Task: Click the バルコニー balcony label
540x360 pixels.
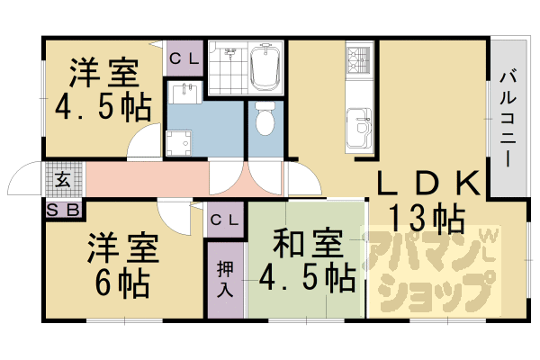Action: pos(506,118)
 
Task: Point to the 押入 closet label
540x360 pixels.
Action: pos(225,278)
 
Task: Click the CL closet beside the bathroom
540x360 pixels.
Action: pos(185,59)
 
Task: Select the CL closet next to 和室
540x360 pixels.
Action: pos(225,220)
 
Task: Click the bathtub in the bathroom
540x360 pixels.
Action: pos(266,67)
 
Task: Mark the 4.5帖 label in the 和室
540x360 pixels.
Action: pos(306,276)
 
